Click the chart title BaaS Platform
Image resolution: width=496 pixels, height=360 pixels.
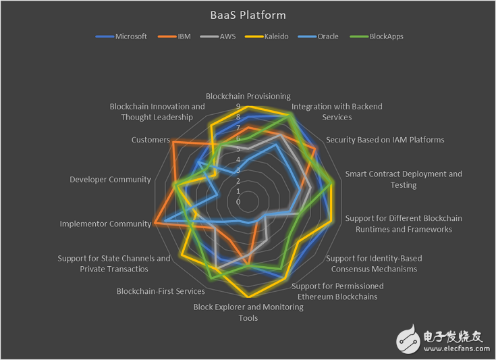248,15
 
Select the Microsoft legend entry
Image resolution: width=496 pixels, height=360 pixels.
121,36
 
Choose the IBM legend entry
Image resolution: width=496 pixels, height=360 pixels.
174,36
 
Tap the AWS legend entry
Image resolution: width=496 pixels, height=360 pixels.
218,36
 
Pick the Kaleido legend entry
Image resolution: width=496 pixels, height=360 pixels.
267,36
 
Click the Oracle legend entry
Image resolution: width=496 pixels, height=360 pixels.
319,36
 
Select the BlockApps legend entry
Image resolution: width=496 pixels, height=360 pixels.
377,36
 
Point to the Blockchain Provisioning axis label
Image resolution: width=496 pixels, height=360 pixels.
248,96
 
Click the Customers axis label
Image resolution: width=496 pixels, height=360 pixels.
150,140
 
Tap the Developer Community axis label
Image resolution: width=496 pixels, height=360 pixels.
110,180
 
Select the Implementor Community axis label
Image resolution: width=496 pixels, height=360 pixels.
106,224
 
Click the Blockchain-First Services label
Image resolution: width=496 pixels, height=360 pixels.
161,291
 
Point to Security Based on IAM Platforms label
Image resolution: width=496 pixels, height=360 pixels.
385,140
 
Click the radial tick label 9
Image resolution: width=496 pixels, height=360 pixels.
238,107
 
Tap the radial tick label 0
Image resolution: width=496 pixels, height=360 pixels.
238,202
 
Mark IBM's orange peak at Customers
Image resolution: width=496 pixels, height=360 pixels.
173,143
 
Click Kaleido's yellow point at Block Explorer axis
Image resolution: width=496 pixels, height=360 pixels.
248,297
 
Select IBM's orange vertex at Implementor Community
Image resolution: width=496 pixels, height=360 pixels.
155,223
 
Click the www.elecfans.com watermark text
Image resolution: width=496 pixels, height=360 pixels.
457,349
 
